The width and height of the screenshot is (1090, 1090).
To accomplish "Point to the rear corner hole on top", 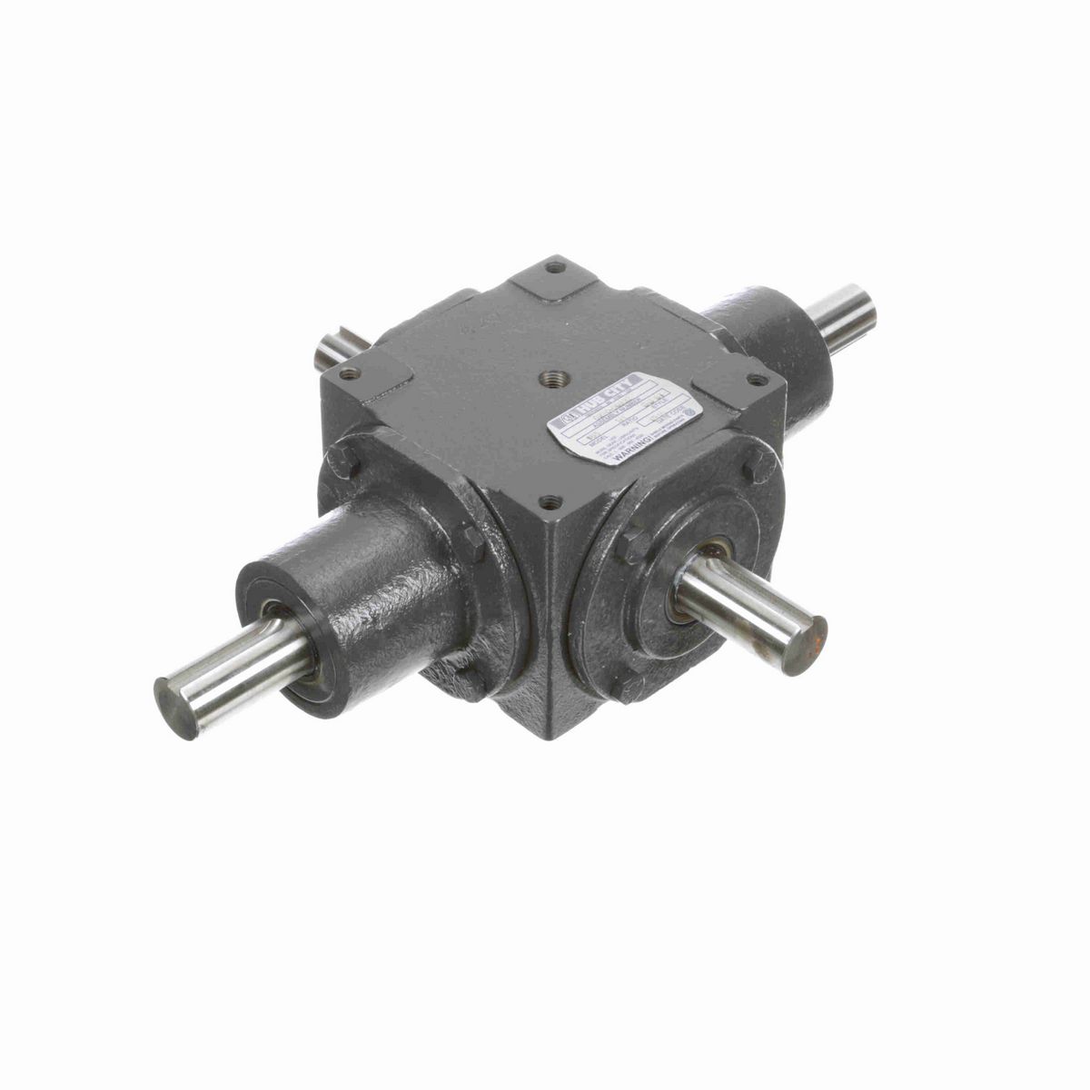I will (x=554, y=267).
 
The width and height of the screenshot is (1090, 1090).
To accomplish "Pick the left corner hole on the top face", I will (x=350, y=372).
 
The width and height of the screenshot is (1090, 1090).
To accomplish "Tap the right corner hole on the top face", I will (x=752, y=379).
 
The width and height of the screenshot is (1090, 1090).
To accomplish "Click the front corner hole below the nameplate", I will (x=548, y=500).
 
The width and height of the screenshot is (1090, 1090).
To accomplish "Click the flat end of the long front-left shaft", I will (x=175, y=706).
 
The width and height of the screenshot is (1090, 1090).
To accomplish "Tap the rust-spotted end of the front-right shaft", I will (x=805, y=645).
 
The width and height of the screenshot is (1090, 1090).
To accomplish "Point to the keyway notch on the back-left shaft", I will (x=331, y=351).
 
